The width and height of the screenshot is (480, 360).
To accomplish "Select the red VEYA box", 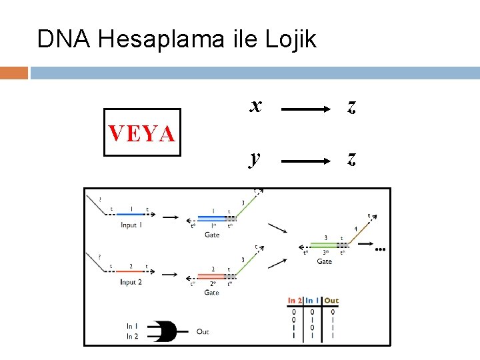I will click(x=142, y=133).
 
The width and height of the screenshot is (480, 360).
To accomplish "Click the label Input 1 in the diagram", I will click(x=131, y=225).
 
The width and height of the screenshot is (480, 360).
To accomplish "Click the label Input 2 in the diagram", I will click(x=131, y=282).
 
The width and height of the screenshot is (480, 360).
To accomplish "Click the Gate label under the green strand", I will click(x=324, y=261).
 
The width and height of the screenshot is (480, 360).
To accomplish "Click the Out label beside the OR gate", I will click(x=203, y=331).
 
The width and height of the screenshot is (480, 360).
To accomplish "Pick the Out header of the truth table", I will click(x=331, y=301).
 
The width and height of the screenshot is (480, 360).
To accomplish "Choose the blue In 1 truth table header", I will click(x=312, y=301).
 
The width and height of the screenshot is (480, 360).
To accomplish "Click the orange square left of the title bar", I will click(x=14, y=73).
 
